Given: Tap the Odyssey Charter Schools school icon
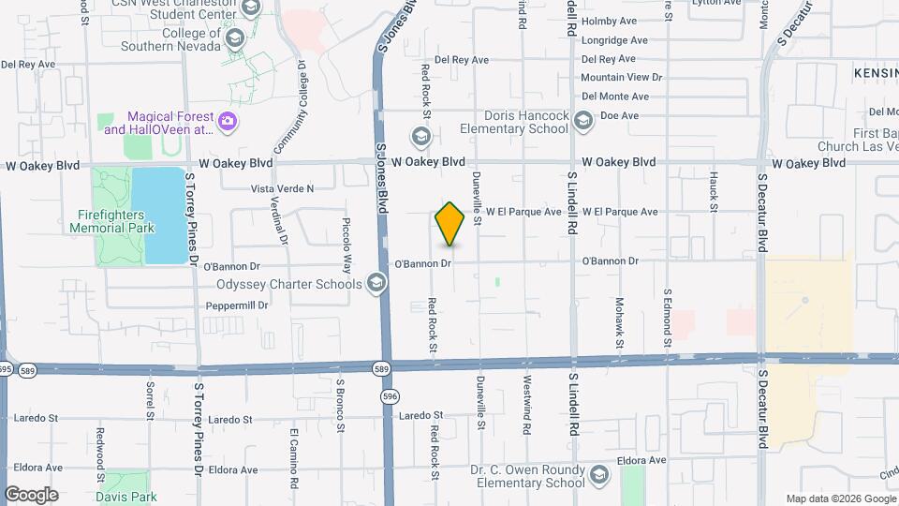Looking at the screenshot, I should (x=376, y=284).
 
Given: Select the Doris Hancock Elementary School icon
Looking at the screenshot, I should (x=583, y=120).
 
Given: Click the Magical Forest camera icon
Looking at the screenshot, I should (x=227, y=122).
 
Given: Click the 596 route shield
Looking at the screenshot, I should (x=389, y=397).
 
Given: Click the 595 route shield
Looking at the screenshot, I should (x=5, y=368).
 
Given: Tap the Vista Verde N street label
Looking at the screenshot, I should (x=282, y=188).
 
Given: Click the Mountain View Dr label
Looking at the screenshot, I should (x=621, y=78).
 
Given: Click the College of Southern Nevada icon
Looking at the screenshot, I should (x=235, y=38).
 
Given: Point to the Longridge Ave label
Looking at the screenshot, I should (x=614, y=40).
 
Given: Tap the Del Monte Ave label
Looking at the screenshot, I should (x=614, y=97).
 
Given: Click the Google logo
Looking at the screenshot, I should (x=31, y=494).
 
